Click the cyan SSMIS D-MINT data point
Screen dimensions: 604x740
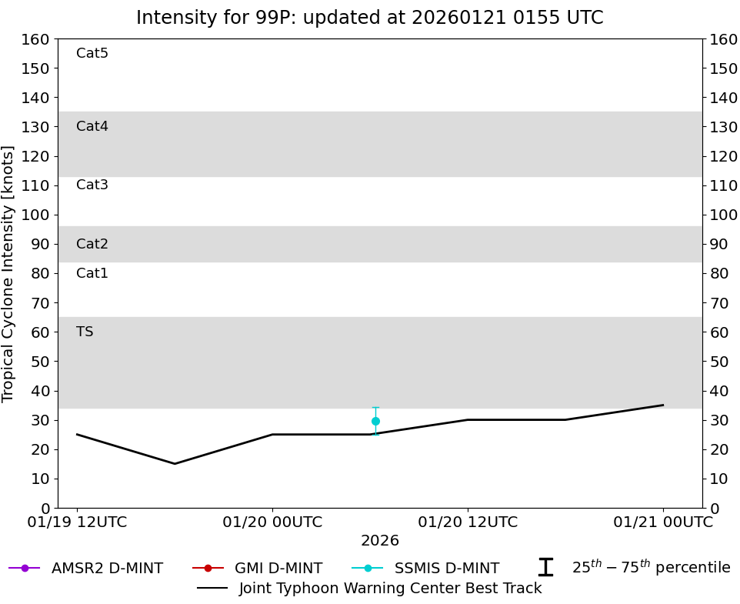pos(375,421)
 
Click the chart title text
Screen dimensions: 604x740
pos(369,18)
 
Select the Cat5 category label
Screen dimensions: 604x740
pos(92,53)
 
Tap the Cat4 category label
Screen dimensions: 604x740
pos(92,126)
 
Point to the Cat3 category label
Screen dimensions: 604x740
pos(92,185)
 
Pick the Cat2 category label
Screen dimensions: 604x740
pos(92,244)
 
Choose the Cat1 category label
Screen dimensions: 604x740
pos(92,273)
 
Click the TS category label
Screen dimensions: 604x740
pos(85,332)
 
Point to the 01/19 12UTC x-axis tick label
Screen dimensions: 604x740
pos(77,522)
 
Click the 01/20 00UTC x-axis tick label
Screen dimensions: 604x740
pos(272,522)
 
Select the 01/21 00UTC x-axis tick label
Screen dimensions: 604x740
pos(663,522)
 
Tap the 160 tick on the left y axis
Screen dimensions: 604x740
pos(36,39)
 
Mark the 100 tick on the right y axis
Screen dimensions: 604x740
pos(723,215)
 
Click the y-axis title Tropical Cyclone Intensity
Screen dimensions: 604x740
pos(8,273)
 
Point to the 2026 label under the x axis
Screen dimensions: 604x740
pos(380,541)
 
